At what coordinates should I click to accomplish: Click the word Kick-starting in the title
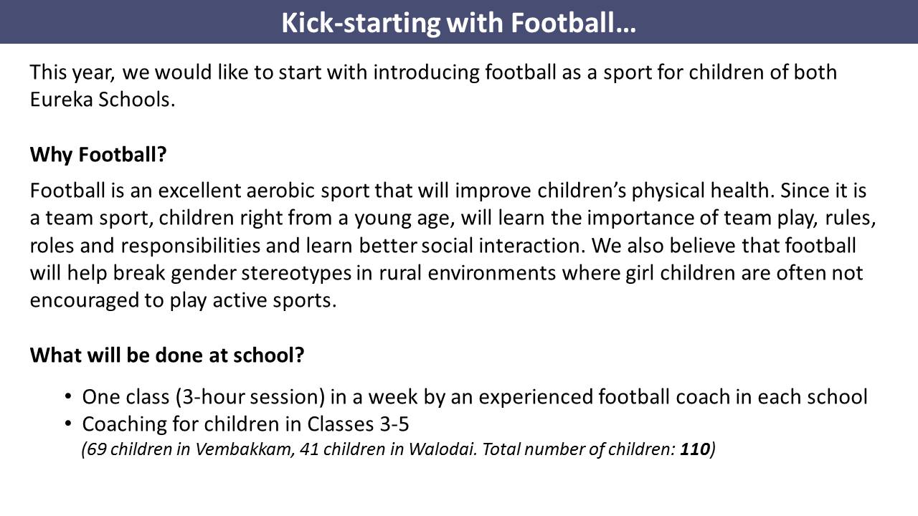click(x=361, y=24)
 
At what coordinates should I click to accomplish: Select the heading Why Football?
click(x=98, y=155)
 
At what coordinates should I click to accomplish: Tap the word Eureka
click(x=62, y=100)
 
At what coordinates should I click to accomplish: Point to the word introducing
click(x=426, y=72)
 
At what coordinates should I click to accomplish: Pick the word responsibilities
click(x=191, y=246)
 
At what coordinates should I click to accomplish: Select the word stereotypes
click(x=296, y=274)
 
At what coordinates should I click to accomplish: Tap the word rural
click(x=400, y=273)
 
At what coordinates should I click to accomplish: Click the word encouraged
click(x=85, y=301)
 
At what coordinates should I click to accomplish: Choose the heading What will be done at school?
click(x=167, y=355)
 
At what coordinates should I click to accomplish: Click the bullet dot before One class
click(x=68, y=396)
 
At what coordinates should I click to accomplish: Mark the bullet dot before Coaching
click(x=68, y=424)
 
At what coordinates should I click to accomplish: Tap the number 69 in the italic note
click(x=97, y=449)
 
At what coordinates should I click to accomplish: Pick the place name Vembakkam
click(x=245, y=449)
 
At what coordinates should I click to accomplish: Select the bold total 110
click(x=695, y=449)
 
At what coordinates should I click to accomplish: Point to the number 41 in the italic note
click(x=309, y=449)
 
